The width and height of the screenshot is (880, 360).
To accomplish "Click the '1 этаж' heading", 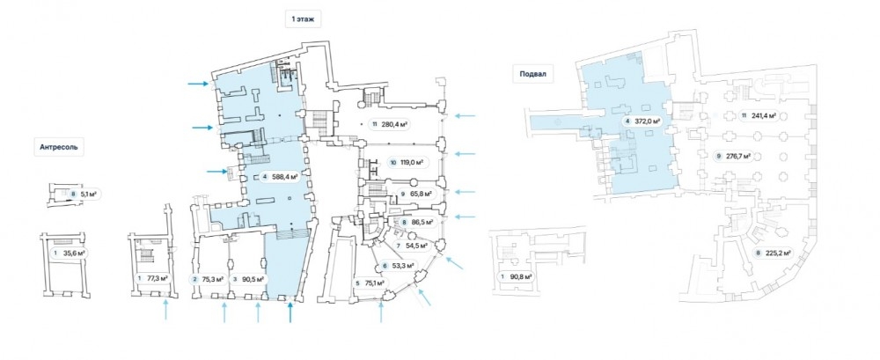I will point(304,18).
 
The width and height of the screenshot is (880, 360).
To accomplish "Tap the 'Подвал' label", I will point(534,75).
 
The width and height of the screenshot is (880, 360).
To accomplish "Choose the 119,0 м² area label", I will point(406,162).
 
